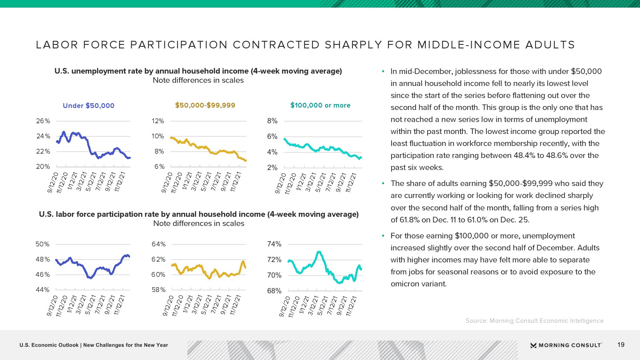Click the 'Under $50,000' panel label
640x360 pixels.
click(x=88, y=106)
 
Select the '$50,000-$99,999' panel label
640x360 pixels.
click(x=205, y=105)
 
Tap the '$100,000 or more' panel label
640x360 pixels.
click(x=320, y=105)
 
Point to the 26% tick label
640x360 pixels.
click(x=43, y=121)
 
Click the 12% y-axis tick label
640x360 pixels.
click(x=158, y=121)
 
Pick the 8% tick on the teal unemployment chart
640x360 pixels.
click(x=272, y=121)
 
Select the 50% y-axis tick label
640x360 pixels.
click(x=42, y=244)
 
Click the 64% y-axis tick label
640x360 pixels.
click(x=158, y=244)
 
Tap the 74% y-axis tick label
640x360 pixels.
click(x=274, y=244)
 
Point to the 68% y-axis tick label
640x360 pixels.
click(x=274, y=291)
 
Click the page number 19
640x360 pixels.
click(x=621, y=345)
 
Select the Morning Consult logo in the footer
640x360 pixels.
click(x=566, y=345)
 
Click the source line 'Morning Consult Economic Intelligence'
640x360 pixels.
click(x=546, y=321)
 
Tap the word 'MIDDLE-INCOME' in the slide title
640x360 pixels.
click(x=468, y=45)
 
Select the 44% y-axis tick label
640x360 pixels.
click(x=42, y=290)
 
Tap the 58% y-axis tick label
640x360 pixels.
click(x=158, y=290)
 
